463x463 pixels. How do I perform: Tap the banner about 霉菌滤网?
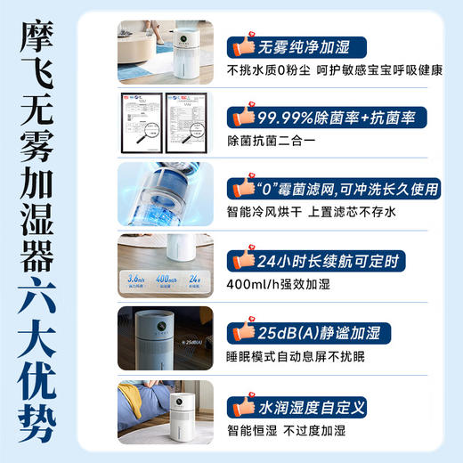click(x=343, y=188)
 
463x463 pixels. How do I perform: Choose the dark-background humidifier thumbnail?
click(x=166, y=338)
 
